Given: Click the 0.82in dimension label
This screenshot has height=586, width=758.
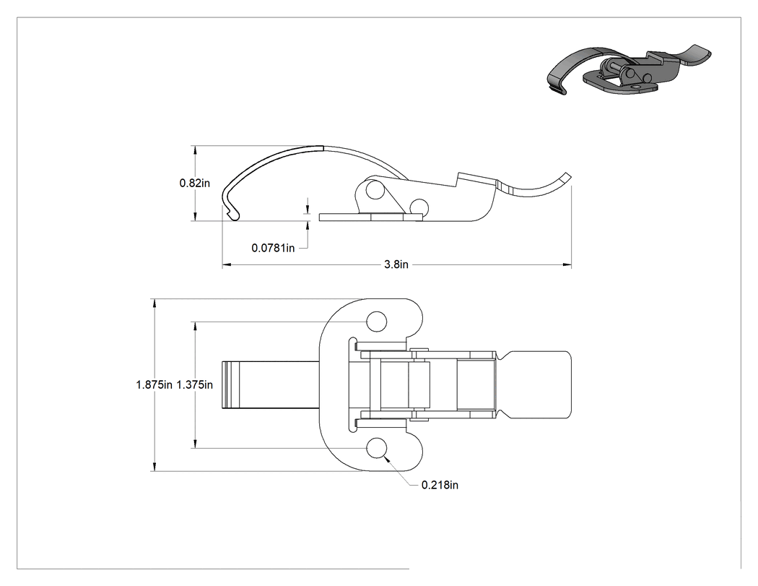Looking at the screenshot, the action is (195, 183).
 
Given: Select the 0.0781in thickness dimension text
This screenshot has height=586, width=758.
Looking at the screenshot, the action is (273, 249).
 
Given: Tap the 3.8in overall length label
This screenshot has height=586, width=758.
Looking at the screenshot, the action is (396, 264).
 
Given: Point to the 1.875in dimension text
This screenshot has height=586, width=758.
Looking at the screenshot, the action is (154, 384).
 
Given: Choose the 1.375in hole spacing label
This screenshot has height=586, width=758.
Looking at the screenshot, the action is (194, 384).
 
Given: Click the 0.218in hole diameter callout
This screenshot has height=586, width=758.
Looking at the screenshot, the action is (440, 485).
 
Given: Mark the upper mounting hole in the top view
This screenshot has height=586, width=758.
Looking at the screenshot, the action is (377, 322).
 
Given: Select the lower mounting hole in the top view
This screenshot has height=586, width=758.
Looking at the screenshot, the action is (377, 448).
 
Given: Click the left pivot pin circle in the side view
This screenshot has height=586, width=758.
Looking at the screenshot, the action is (374, 190).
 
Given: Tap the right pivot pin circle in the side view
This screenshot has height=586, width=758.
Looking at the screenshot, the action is (419, 207).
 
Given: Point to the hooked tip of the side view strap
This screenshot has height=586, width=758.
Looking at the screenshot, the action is (232, 213).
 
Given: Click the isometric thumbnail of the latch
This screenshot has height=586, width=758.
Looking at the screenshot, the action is (629, 69).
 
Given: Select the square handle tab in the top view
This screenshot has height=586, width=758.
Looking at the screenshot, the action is (538, 384).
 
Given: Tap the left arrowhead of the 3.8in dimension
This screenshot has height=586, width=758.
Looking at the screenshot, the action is (227, 264).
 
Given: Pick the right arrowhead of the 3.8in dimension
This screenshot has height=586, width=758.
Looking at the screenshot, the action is (567, 264).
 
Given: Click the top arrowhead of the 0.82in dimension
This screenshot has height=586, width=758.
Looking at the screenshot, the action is (195, 150).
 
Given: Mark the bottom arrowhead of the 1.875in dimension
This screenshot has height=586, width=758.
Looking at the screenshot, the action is (154, 466).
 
